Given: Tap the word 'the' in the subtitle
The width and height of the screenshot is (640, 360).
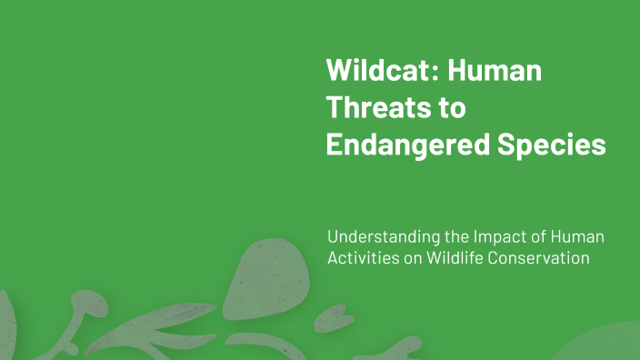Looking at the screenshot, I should [457, 237].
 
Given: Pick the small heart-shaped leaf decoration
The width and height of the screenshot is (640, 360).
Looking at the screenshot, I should [328, 319].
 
